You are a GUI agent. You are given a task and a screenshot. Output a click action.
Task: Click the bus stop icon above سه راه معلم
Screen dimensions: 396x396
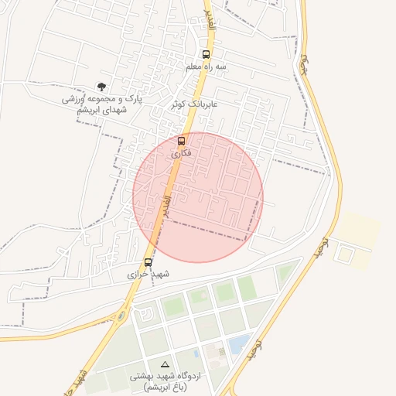[x=206, y=55]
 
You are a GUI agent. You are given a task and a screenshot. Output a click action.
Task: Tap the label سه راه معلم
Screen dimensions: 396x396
[x=206, y=67]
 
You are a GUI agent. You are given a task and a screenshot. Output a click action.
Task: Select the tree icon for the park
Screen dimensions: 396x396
[x=101, y=87]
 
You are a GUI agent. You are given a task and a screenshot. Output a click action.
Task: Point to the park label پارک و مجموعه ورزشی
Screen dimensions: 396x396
[x=102, y=100]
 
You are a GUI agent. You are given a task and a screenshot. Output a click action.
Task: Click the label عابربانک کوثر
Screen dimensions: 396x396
[x=195, y=103]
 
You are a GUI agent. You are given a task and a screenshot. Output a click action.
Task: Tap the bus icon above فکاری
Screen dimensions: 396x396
[x=182, y=142]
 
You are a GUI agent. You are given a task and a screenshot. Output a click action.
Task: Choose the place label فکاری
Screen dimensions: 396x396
[x=180, y=154]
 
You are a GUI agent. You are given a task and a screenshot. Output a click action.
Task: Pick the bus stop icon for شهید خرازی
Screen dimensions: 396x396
[x=148, y=262]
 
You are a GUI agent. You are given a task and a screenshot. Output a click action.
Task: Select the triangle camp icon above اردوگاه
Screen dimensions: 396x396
[x=164, y=364]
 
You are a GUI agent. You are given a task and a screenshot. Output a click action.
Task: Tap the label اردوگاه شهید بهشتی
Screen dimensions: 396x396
[x=165, y=375]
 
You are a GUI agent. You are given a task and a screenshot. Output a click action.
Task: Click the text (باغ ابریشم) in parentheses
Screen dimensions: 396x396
[x=164, y=387]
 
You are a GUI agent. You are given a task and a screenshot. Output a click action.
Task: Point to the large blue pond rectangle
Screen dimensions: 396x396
[x=239, y=343]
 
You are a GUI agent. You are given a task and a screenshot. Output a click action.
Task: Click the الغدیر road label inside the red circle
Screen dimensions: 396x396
[x=166, y=205]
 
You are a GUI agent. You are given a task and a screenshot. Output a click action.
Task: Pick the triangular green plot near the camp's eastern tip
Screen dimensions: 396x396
[x=287, y=272]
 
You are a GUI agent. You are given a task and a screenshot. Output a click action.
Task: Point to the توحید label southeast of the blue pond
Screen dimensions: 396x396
[x=258, y=352]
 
